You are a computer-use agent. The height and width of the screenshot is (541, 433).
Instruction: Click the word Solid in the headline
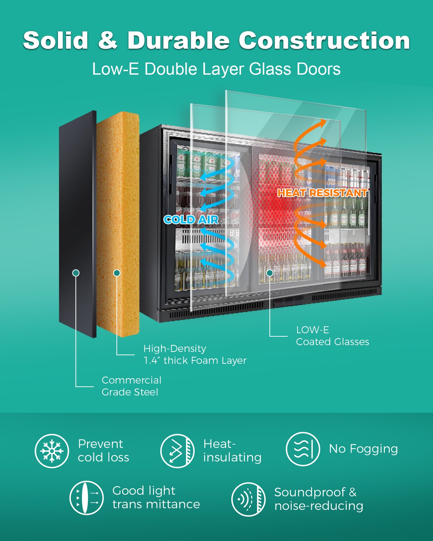click(x=55, y=40)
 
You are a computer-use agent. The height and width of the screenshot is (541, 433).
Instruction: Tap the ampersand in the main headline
click(x=108, y=40)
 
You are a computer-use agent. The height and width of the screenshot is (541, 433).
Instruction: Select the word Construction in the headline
click(x=324, y=40)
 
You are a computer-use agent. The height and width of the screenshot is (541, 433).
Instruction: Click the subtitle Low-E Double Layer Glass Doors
click(x=216, y=69)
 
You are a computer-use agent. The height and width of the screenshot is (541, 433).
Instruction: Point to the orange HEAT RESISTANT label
click(x=322, y=193)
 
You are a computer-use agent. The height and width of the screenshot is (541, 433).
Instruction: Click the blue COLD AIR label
click(x=191, y=220)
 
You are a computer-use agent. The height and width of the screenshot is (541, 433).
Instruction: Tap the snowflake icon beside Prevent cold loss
click(x=52, y=451)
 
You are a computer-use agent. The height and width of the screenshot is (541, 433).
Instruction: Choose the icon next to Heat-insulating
click(x=177, y=451)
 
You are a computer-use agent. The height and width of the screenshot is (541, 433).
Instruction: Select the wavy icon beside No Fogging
click(x=303, y=449)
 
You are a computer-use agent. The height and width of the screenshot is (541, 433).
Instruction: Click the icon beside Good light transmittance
click(x=87, y=498)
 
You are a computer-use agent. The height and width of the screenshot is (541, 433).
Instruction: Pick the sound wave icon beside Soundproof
click(x=249, y=499)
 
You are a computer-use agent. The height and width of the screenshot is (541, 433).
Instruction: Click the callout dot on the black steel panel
click(x=76, y=273)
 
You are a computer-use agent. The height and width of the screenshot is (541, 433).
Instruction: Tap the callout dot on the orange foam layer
click(x=117, y=273)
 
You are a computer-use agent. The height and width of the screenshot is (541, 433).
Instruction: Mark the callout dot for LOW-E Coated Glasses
click(x=270, y=273)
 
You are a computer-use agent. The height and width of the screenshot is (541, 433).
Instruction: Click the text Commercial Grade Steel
click(x=131, y=386)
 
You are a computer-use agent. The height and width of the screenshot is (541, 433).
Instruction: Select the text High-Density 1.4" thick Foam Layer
click(x=195, y=354)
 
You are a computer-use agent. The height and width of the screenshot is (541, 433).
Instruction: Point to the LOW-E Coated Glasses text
click(x=332, y=336)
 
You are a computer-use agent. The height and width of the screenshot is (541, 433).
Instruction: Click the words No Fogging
click(x=363, y=449)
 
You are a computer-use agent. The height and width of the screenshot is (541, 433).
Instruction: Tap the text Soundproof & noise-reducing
click(x=319, y=499)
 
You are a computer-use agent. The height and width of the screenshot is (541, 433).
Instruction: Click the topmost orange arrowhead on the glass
click(x=322, y=124)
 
